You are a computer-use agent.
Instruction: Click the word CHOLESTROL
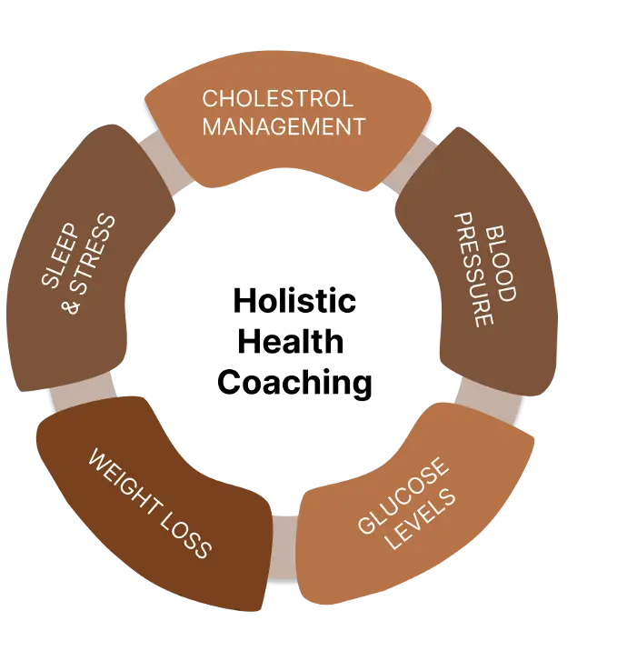[x=277, y=98]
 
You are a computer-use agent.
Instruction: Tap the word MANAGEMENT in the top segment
[x=284, y=126]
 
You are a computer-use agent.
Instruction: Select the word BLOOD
[x=501, y=264]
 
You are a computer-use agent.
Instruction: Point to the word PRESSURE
[x=474, y=270]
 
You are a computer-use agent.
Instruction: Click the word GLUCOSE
[x=402, y=496]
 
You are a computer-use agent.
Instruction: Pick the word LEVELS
[x=421, y=519]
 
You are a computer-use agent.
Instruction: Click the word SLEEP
[x=60, y=255]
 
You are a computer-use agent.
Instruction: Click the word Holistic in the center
[x=294, y=301]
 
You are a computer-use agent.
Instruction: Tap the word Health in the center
[x=291, y=341]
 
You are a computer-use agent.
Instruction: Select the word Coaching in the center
[x=294, y=383]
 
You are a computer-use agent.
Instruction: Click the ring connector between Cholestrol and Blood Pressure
[x=408, y=163]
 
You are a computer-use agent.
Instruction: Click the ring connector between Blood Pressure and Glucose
[x=489, y=399]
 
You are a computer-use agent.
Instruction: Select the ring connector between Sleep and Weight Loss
[x=82, y=393]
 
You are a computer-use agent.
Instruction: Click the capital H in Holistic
[x=244, y=301]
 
